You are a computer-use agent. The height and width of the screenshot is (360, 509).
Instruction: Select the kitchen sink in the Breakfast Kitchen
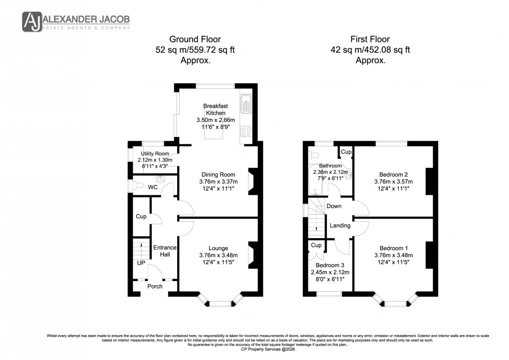click(246, 105)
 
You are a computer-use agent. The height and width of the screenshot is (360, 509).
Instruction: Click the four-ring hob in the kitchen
click(246, 132)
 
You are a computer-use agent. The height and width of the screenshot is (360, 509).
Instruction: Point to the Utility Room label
click(158, 153)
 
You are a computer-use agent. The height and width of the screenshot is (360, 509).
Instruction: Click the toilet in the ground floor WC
click(134, 186)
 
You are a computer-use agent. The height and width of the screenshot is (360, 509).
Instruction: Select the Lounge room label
click(219, 248)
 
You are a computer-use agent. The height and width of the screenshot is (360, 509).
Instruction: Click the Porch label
click(155, 286)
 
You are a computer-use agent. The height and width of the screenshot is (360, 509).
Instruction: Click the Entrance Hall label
click(165, 251)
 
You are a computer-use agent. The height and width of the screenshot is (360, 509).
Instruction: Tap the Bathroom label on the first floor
click(330, 166)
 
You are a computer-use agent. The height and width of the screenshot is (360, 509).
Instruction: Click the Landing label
click(340, 225)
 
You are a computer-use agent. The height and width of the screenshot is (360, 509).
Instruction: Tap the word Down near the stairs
click(334, 206)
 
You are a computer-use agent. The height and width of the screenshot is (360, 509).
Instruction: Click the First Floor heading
click(370, 39)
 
